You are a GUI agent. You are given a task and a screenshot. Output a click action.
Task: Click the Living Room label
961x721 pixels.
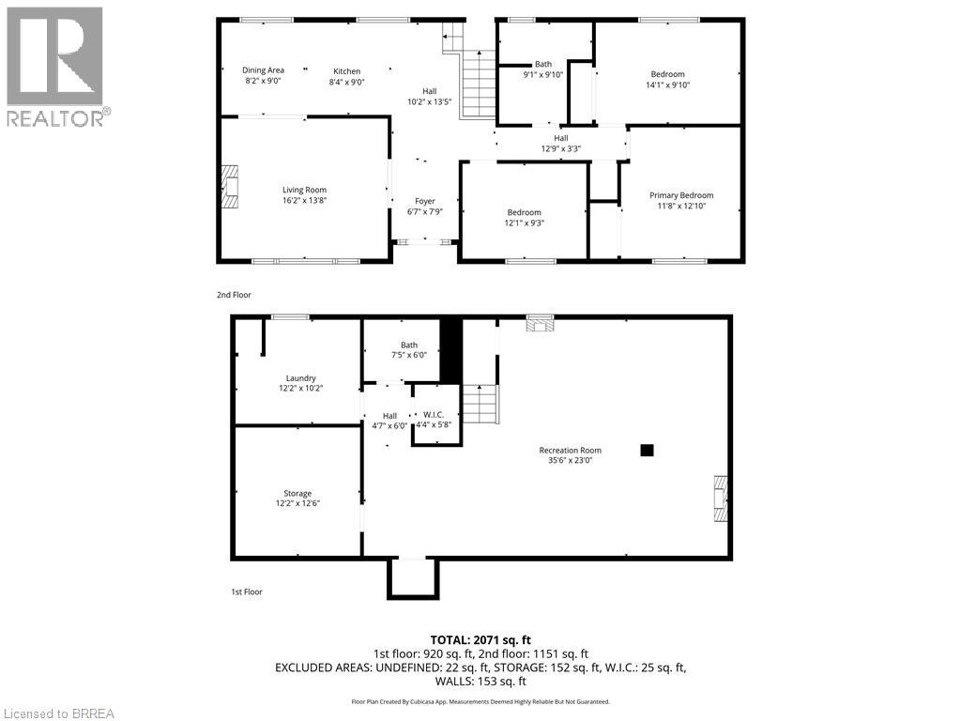coord(304,190)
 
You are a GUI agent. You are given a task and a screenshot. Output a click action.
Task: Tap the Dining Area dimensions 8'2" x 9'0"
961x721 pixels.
coord(263,82)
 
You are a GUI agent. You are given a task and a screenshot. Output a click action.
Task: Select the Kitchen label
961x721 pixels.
coord(346,70)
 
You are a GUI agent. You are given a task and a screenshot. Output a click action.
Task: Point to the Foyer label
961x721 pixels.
coord(425,201)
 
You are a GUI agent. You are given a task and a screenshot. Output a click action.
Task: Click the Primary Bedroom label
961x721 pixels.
coord(681,195)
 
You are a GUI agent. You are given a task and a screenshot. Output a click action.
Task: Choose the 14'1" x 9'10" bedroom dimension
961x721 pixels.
coord(667,84)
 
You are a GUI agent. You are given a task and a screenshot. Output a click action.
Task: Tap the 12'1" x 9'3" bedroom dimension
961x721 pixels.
coord(524,222)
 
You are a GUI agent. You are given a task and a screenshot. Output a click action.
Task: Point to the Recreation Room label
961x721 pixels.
coord(570,450)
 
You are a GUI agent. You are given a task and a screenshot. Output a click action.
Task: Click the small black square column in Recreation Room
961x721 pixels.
coord(646,450)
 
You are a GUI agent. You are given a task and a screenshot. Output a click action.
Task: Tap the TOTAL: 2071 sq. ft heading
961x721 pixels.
coord(480,639)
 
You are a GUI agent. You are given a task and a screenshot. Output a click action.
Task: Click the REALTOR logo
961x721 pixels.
coord(56,66)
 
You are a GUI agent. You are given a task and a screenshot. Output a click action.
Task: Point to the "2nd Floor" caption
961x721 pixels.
coord(234,295)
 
